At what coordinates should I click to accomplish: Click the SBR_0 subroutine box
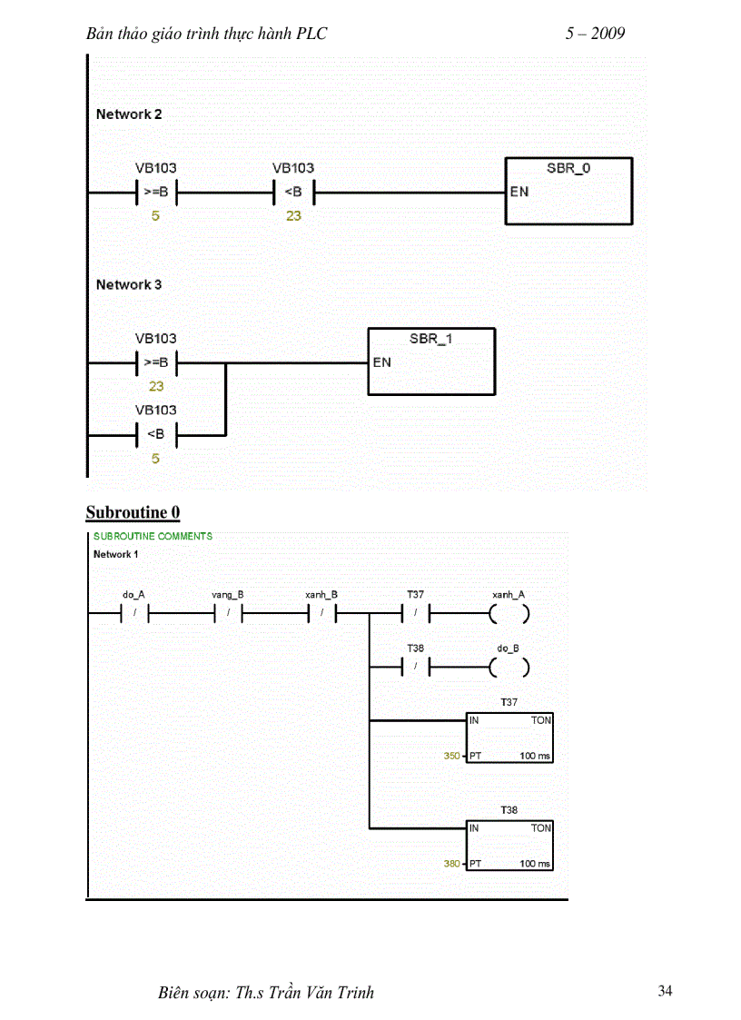pyautogui.click(x=568, y=191)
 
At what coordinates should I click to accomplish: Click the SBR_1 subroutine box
pyautogui.click(x=431, y=361)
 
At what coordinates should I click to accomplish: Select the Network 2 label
pyautogui.click(x=129, y=114)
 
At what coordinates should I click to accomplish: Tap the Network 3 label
pyautogui.click(x=129, y=284)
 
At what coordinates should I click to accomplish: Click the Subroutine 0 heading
pyautogui.click(x=133, y=513)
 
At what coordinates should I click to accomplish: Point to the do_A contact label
pyautogui.click(x=133, y=595)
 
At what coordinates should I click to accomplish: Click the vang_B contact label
pyautogui.click(x=228, y=595)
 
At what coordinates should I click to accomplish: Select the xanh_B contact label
pyautogui.click(x=321, y=595)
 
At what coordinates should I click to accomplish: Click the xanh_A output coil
pyautogui.click(x=509, y=615)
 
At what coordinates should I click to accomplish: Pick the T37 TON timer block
pyautogui.click(x=509, y=738)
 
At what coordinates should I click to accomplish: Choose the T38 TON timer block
pyautogui.click(x=509, y=846)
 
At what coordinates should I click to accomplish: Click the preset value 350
pyautogui.click(x=451, y=756)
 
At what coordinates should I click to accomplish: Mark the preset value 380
pyautogui.click(x=451, y=864)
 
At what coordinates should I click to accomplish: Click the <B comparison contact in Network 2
pyautogui.click(x=293, y=192)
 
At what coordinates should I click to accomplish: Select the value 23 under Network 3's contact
pyautogui.click(x=156, y=386)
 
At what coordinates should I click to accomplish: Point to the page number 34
pyautogui.click(x=665, y=991)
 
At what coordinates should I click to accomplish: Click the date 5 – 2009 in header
pyautogui.click(x=595, y=34)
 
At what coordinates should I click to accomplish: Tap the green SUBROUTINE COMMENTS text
pyautogui.click(x=153, y=536)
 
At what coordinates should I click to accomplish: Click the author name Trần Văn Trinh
pyautogui.click(x=317, y=993)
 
